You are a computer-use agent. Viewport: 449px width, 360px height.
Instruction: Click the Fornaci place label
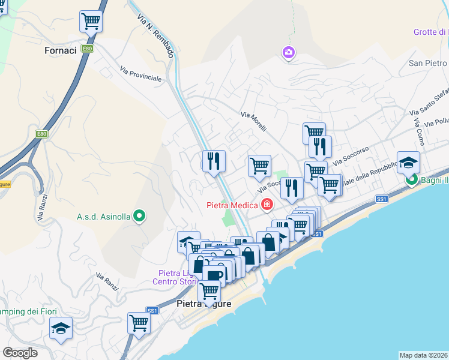point(61,50)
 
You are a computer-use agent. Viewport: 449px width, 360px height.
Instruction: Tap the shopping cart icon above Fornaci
point(91,22)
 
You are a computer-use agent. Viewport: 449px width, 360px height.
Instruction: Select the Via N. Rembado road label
point(155,35)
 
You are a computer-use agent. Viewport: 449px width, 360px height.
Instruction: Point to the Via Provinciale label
point(140,74)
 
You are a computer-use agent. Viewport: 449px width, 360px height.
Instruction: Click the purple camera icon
point(289,53)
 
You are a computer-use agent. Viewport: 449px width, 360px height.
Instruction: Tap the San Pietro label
point(428,63)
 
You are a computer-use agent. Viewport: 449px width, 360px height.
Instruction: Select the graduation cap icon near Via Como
point(408,162)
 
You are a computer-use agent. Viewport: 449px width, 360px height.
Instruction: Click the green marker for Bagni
point(412,179)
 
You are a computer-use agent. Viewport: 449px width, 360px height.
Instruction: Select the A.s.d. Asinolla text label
point(103,217)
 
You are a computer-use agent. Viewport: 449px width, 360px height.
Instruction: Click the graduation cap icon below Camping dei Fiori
point(61,328)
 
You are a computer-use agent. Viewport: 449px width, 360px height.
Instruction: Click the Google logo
point(20,353)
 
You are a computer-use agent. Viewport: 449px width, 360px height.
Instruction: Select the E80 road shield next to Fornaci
point(88,48)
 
